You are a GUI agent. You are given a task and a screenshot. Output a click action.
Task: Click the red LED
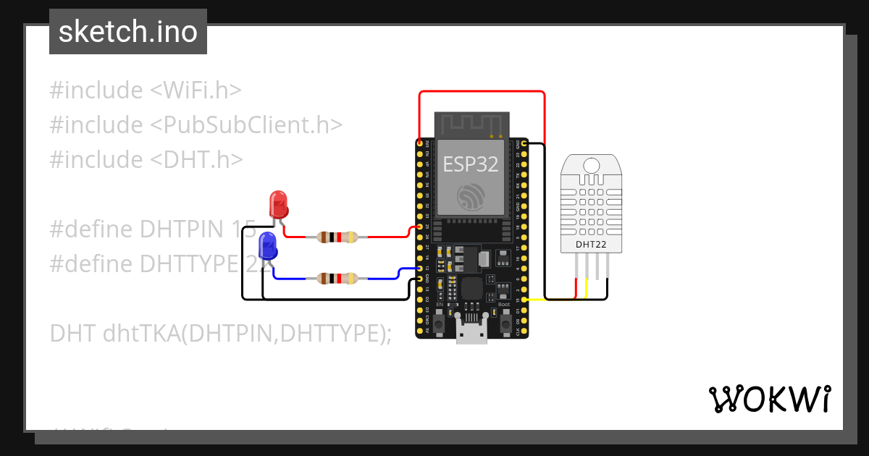click(x=279, y=204)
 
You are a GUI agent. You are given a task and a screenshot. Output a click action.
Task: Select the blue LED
click(x=267, y=247)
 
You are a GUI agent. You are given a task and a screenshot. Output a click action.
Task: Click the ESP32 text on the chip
click(x=471, y=164)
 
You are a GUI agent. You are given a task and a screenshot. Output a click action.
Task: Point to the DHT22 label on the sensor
click(x=591, y=245)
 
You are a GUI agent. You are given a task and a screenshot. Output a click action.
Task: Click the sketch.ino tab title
click(x=128, y=32)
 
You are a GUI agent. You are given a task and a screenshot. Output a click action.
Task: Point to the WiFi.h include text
click(x=196, y=90)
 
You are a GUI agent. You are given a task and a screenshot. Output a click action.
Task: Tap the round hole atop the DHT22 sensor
click(x=591, y=165)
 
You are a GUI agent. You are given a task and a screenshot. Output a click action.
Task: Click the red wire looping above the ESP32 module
click(x=482, y=92)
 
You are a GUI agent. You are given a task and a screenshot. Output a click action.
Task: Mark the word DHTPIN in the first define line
click(x=180, y=229)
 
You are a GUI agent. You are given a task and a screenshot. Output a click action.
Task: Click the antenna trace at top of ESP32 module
click(x=471, y=123)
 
